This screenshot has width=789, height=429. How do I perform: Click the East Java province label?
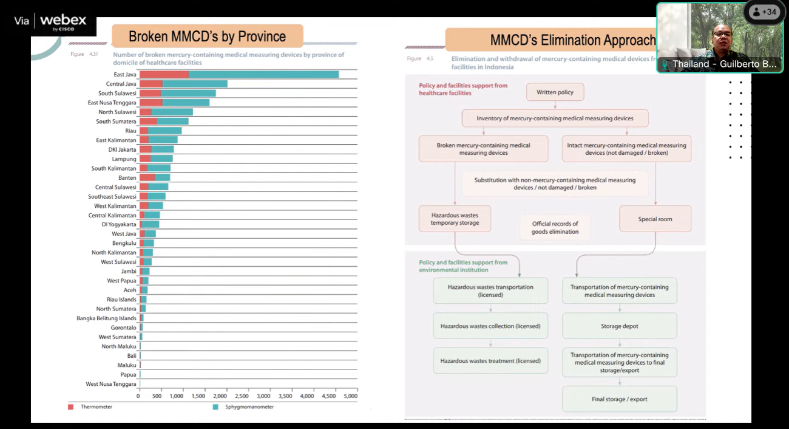pos(125,75)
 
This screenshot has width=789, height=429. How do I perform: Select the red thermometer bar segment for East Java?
pos(164,75)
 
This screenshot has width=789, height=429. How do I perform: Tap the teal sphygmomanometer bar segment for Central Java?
pos(195,84)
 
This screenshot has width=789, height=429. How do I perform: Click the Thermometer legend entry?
pos(96,407)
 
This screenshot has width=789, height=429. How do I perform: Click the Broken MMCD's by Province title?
pos(207,36)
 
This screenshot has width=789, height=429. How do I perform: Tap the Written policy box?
pos(555,92)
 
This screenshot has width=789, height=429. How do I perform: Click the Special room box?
pos(655,219)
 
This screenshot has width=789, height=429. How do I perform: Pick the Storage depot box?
pos(619,326)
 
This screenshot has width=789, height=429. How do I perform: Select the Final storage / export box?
pos(619,399)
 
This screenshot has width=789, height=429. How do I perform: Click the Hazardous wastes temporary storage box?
pos(455,219)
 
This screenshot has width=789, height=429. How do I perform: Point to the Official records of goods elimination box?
pos(555,228)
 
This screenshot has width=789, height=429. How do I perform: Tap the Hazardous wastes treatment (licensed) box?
pos(490,361)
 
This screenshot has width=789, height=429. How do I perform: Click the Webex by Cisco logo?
pos(63,22)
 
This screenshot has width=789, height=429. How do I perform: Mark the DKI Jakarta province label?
pos(122,149)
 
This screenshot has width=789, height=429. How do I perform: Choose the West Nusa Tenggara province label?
pos(111,384)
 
